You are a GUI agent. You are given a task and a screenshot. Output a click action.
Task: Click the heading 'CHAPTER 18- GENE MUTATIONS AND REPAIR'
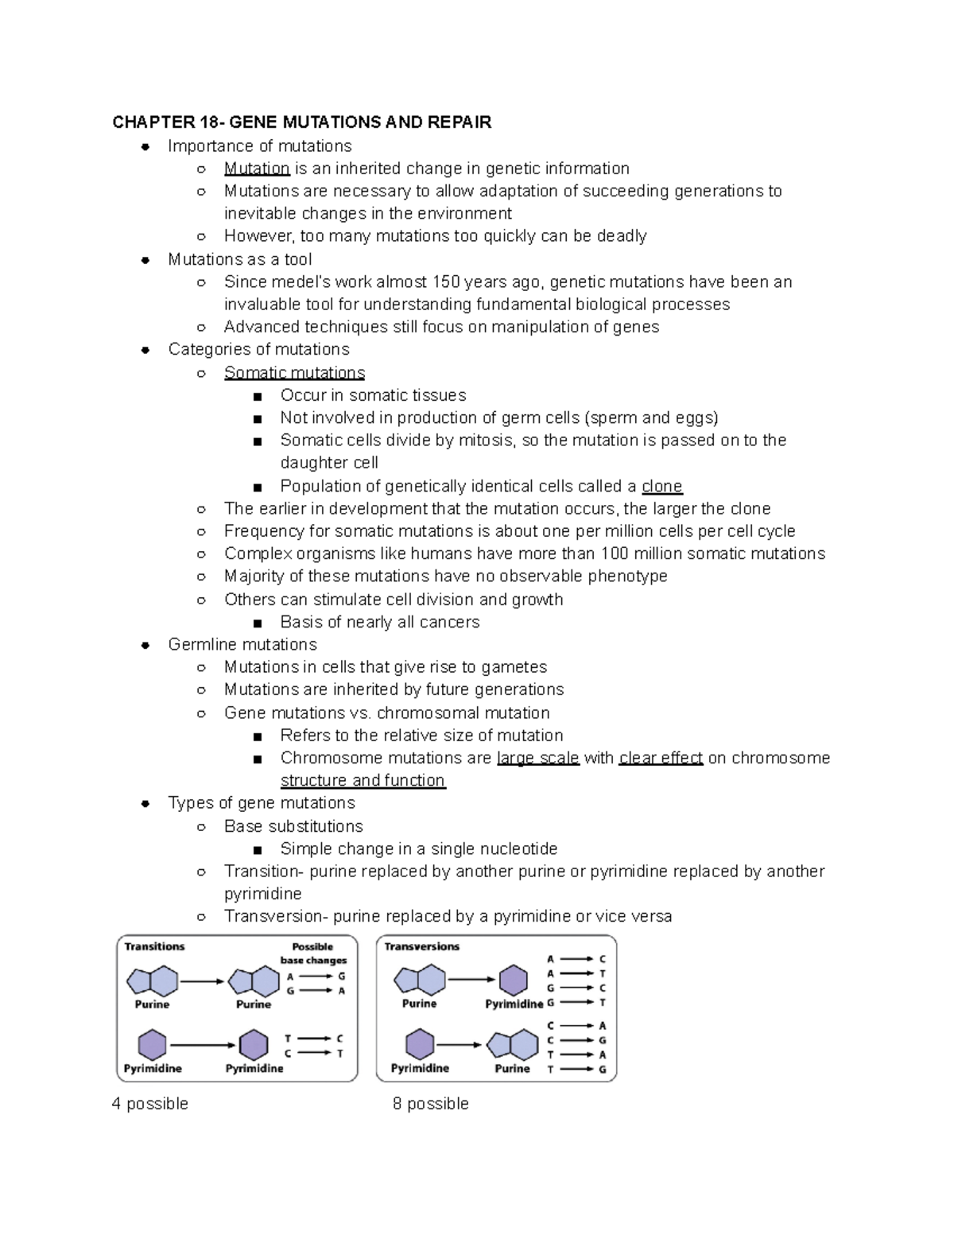(x=301, y=122)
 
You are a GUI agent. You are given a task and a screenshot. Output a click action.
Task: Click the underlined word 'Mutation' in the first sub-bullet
(x=256, y=169)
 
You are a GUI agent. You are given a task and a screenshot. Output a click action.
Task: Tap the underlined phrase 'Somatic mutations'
(x=294, y=373)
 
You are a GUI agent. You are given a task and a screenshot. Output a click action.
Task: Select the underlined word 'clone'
(x=661, y=486)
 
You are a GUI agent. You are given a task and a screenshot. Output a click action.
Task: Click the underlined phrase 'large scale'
(x=537, y=758)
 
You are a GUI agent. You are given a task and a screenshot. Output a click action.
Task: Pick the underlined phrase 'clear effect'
(x=661, y=758)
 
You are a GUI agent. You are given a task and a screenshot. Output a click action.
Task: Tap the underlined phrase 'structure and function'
(x=363, y=780)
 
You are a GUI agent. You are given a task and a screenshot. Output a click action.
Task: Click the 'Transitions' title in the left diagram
(x=154, y=946)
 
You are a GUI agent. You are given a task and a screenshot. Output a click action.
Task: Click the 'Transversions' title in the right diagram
(x=421, y=946)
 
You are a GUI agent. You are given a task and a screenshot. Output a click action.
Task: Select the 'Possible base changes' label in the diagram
(x=313, y=953)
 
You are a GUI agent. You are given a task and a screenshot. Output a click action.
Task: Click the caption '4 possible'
(x=150, y=1104)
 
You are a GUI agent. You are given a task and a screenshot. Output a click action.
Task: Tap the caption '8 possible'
(x=430, y=1104)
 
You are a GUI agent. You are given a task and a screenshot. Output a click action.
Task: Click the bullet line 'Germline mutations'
(x=242, y=644)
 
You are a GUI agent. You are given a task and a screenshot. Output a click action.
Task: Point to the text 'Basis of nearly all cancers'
(x=379, y=622)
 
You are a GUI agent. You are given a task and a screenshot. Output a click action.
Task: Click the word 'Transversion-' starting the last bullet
(x=275, y=916)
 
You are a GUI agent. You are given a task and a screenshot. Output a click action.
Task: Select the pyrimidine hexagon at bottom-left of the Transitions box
(x=152, y=1044)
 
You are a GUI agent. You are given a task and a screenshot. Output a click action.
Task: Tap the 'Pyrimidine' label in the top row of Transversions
(x=514, y=1004)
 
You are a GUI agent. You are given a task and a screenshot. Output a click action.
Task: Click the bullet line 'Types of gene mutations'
(x=262, y=803)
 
